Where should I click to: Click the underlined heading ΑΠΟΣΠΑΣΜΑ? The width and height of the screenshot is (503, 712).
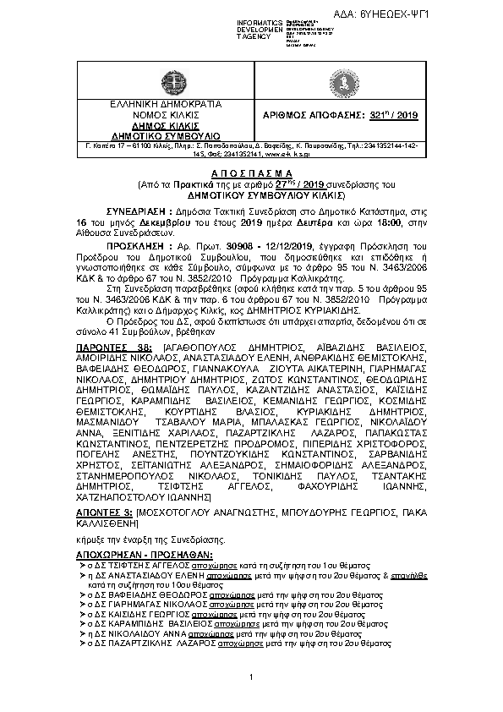pos(252,170)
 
